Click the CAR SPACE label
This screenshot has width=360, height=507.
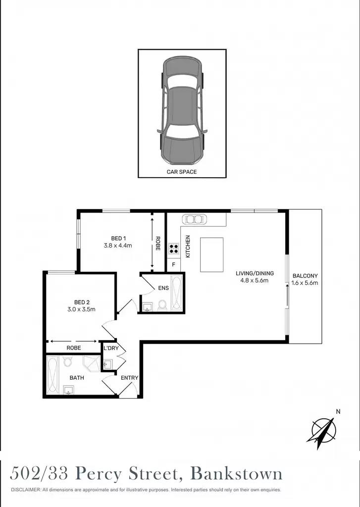[x=181, y=172]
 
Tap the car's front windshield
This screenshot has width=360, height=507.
[x=181, y=131]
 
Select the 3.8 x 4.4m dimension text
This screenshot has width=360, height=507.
[x=118, y=246]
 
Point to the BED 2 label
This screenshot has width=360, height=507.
[x=82, y=303]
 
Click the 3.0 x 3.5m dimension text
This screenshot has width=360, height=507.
[x=81, y=309]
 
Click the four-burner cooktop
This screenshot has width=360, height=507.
[x=174, y=249]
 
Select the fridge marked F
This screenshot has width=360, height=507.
[x=174, y=265]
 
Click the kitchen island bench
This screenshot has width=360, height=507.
[x=212, y=255]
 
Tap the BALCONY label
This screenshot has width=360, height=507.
[x=305, y=276]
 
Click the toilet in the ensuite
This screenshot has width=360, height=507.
[x=162, y=305]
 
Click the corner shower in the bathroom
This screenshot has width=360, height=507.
[x=92, y=363]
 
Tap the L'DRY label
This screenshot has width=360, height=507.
[x=111, y=348]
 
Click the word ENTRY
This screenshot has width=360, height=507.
[x=129, y=378]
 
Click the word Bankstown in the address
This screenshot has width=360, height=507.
[x=236, y=474]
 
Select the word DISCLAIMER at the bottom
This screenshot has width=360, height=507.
[x=26, y=490]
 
